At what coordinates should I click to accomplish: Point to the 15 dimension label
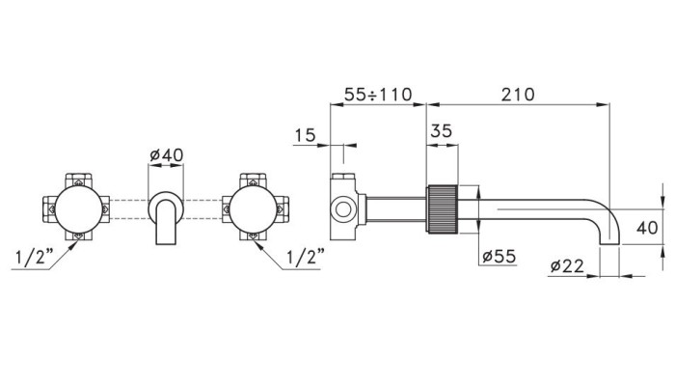coord(305,136)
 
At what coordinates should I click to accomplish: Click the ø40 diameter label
coord(167,153)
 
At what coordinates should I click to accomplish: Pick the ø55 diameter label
coord(499,258)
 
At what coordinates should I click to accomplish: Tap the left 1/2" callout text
coord(34,259)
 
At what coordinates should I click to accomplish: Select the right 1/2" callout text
coord(306,259)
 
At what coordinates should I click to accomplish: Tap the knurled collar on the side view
coord(441,207)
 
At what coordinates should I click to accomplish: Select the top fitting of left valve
coord(76,179)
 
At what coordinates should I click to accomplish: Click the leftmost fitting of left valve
coord(47,207)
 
